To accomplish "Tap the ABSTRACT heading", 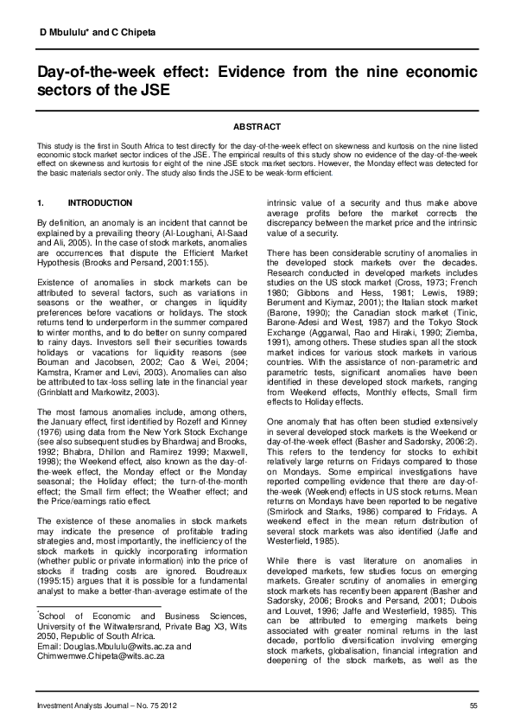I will click(x=257, y=126).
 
